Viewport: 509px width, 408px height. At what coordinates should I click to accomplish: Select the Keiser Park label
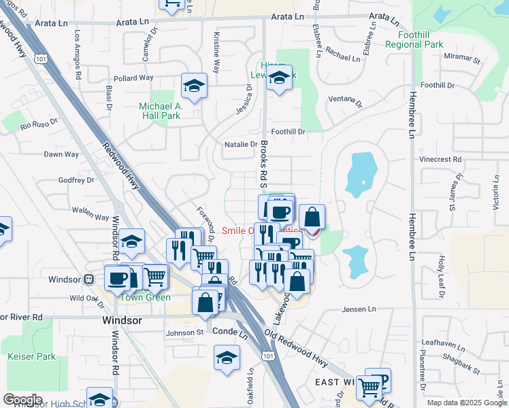(31, 356)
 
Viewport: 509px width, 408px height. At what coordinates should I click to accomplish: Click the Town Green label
(145, 296)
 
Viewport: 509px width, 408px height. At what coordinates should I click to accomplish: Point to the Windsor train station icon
(88, 279)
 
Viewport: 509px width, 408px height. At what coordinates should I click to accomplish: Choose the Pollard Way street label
(133, 78)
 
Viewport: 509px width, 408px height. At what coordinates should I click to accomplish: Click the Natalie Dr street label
(241, 144)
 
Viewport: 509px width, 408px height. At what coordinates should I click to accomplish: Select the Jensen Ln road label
(358, 309)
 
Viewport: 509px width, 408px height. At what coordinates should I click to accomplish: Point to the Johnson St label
(185, 333)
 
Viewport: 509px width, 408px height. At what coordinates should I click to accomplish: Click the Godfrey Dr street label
(75, 180)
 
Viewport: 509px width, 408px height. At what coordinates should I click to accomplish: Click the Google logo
(22, 400)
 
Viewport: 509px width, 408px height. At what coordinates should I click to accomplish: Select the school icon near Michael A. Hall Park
(194, 86)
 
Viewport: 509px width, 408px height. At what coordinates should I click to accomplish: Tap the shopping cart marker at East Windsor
(369, 387)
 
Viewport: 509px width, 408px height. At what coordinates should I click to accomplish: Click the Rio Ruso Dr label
(39, 125)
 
